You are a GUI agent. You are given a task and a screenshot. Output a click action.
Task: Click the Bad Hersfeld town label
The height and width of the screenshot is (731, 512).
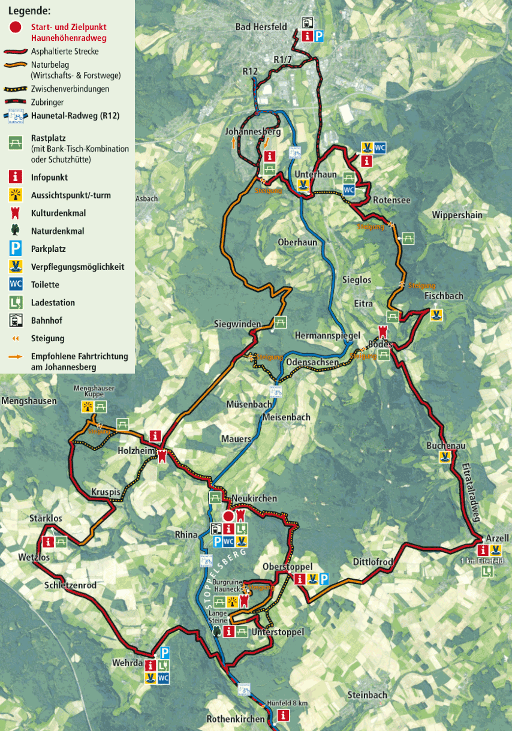click(x=261, y=27)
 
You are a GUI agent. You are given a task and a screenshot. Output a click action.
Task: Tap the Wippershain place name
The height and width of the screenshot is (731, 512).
click(x=457, y=215)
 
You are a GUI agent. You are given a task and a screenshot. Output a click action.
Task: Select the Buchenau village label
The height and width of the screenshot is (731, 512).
click(x=445, y=446)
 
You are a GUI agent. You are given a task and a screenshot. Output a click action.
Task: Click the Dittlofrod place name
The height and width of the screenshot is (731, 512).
click(x=372, y=562)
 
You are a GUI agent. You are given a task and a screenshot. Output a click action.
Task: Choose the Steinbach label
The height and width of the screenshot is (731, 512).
click(x=367, y=695)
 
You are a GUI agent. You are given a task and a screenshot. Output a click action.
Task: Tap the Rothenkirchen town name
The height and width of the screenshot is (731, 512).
click(x=236, y=719)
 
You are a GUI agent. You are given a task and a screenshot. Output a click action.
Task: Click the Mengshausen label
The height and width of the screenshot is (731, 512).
click(x=29, y=401)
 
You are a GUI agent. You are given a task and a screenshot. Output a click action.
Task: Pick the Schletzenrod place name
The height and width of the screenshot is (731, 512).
click(x=70, y=585)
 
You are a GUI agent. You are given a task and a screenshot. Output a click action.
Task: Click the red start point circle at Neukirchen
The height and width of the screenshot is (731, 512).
click(x=228, y=516)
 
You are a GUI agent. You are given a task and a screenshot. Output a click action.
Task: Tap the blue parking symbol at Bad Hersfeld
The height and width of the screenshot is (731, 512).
click(x=320, y=37)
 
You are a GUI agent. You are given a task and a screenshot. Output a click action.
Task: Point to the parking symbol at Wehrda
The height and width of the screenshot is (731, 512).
click(x=165, y=653)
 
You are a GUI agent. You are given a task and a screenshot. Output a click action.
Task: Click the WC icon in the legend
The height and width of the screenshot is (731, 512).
click(x=16, y=284)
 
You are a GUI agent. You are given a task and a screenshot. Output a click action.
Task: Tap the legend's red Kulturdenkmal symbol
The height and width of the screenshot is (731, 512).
click(x=16, y=213)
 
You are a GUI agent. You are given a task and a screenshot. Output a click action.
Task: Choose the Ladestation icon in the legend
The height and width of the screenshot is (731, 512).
click(x=16, y=302)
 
